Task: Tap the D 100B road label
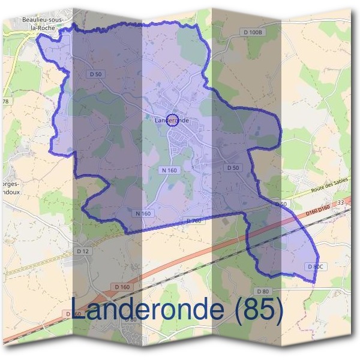click(x=253, y=31)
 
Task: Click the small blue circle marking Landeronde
click(x=172, y=120)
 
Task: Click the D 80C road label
click(x=316, y=266)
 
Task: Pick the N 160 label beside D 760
click(x=143, y=214)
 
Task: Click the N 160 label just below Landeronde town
click(x=170, y=170)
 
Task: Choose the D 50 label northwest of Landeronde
click(x=95, y=74)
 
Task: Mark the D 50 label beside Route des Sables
click(x=281, y=205)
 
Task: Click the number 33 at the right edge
click(x=341, y=203)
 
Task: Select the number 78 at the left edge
click(x=5, y=101)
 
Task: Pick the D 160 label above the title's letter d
click(x=122, y=287)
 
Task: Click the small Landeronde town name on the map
click(x=172, y=121)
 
